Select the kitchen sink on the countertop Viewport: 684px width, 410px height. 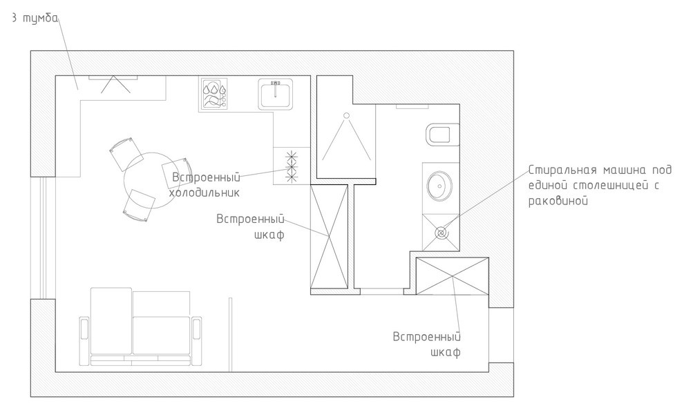(x=276, y=93)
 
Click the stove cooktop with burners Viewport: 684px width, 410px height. (x=214, y=95)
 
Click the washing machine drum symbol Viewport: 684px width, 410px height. (x=441, y=233)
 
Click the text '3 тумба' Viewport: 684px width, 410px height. (x=34, y=19)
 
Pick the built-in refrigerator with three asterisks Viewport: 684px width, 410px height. (x=291, y=166)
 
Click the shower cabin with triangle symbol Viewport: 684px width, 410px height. (x=345, y=138)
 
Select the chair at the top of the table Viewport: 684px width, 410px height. (x=126, y=153)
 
